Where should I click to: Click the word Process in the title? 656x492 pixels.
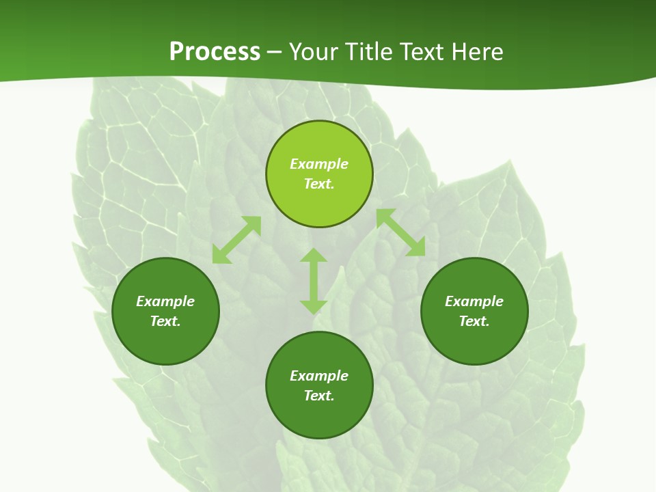click(215, 52)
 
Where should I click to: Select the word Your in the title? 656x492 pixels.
click(312, 52)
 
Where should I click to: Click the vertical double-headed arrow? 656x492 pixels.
click(314, 281)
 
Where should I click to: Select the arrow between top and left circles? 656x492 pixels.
click(236, 240)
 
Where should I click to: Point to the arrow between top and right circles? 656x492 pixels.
click(400, 232)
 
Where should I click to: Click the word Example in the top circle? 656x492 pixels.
click(319, 164)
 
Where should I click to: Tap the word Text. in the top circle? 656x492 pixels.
click(319, 184)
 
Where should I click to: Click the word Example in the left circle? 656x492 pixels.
click(165, 301)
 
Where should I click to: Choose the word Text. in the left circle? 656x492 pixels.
click(165, 321)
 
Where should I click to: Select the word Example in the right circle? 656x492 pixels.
click(474, 301)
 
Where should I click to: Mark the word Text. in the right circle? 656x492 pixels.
click(474, 321)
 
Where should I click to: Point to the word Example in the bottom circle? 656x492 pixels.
click(319, 376)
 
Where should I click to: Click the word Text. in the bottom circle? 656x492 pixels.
click(319, 396)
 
